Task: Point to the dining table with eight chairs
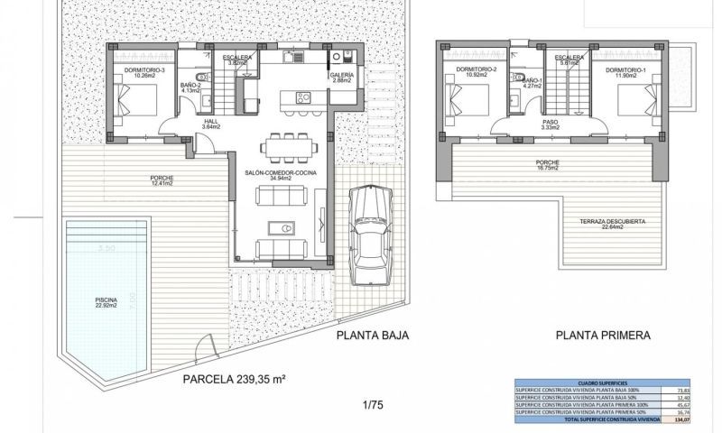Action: [x=289, y=145]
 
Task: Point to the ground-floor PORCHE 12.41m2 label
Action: [x=162, y=180]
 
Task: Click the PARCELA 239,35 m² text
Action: [x=234, y=380]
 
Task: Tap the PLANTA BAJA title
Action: [x=373, y=335]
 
